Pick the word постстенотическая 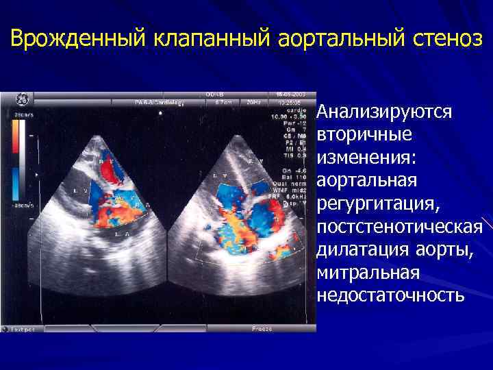pyautogui.click(x=399, y=227)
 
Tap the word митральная pyautogui.click(x=367, y=273)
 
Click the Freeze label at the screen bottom pyautogui.click(x=262, y=329)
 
